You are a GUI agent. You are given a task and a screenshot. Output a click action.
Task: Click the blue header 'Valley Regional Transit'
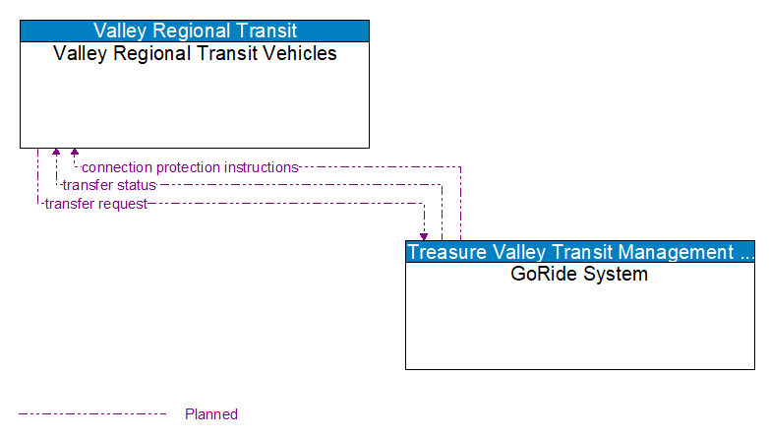point(195,31)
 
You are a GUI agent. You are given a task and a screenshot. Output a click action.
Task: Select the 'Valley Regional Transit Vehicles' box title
point(195,54)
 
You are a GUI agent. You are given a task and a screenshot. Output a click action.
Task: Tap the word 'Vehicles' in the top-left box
point(299,54)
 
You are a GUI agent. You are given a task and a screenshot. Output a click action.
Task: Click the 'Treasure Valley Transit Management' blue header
point(580,252)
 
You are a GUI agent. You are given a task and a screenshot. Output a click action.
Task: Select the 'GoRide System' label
point(579,275)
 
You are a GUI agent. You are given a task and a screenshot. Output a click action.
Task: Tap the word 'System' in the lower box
point(615,275)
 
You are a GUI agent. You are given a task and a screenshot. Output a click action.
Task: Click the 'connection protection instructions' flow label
point(190,167)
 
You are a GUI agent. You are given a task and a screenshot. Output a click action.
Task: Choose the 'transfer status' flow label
point(109,185)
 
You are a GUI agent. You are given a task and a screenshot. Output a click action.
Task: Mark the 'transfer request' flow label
point(95,204)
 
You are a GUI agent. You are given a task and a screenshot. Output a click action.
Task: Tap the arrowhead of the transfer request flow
point(424,236)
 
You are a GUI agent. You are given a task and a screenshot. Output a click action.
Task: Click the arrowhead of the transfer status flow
point(56,154)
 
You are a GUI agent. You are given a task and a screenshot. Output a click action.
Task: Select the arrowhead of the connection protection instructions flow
point(74,154)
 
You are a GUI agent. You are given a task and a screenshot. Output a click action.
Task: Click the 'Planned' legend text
point(211,414)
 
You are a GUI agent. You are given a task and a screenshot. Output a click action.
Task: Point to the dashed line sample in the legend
point(92,414)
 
